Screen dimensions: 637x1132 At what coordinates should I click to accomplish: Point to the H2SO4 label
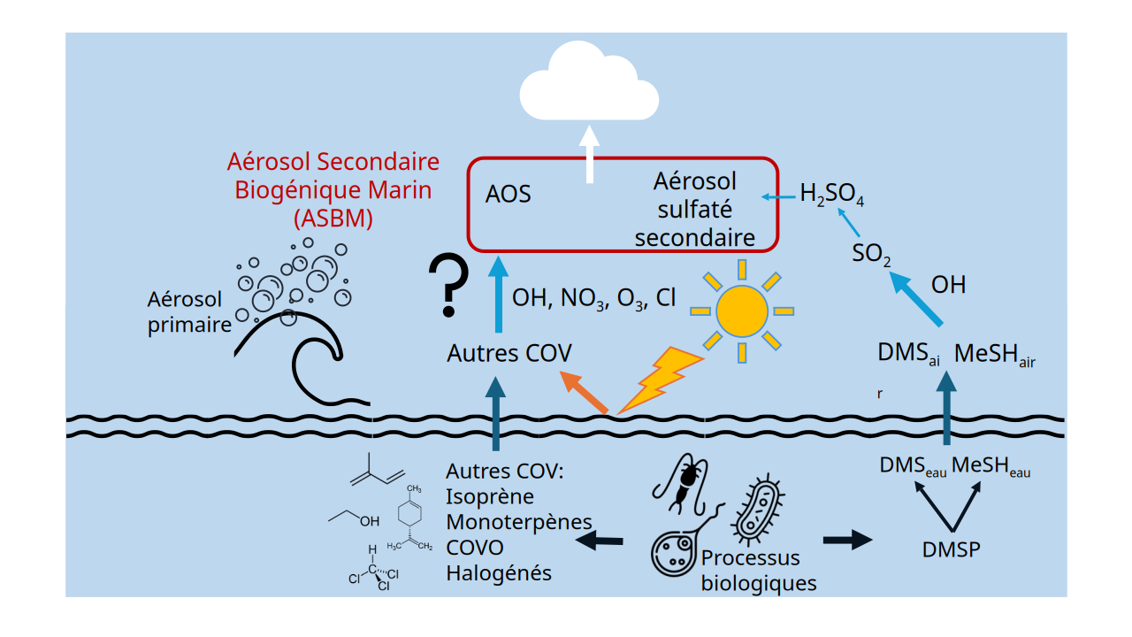pos(831,195)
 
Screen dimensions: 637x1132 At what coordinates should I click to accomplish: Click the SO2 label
pos(871,255)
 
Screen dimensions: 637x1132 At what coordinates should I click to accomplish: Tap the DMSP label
pos(951,549)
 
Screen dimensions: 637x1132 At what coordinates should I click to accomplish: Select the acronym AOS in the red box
pos(509,195)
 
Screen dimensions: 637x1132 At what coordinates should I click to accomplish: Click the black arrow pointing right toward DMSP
pos(847,540)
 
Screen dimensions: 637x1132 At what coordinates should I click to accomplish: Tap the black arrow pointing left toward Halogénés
pos(600,540)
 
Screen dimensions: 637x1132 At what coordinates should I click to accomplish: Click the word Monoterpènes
pos(519,522)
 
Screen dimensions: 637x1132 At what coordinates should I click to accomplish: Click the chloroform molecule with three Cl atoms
pos(374,569)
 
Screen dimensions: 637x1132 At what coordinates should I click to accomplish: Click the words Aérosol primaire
pos(189,311)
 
